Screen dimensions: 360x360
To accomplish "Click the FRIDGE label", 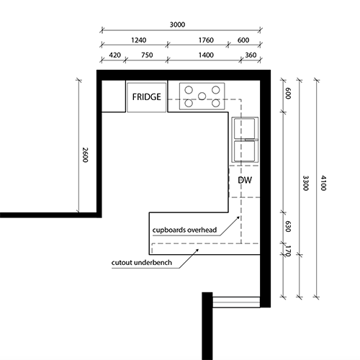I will [x=147, y=96].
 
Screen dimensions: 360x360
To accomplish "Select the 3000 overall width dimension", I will [x=177, y=24].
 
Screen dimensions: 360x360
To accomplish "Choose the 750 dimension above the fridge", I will [x=147, y=55].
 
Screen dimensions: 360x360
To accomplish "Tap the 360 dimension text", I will [x=251, y=55].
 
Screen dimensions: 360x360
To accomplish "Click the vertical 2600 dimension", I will [x=84, y=155].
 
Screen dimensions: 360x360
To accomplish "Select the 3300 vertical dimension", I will [x=305, y=183].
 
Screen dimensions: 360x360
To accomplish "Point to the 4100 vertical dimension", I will [x=323, y=183].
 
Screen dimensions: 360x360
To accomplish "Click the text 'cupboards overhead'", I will [x=184, y=230].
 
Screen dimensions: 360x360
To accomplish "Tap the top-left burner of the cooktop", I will [x=189, y=90].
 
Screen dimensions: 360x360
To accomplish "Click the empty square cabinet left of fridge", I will [x=113, y=96].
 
